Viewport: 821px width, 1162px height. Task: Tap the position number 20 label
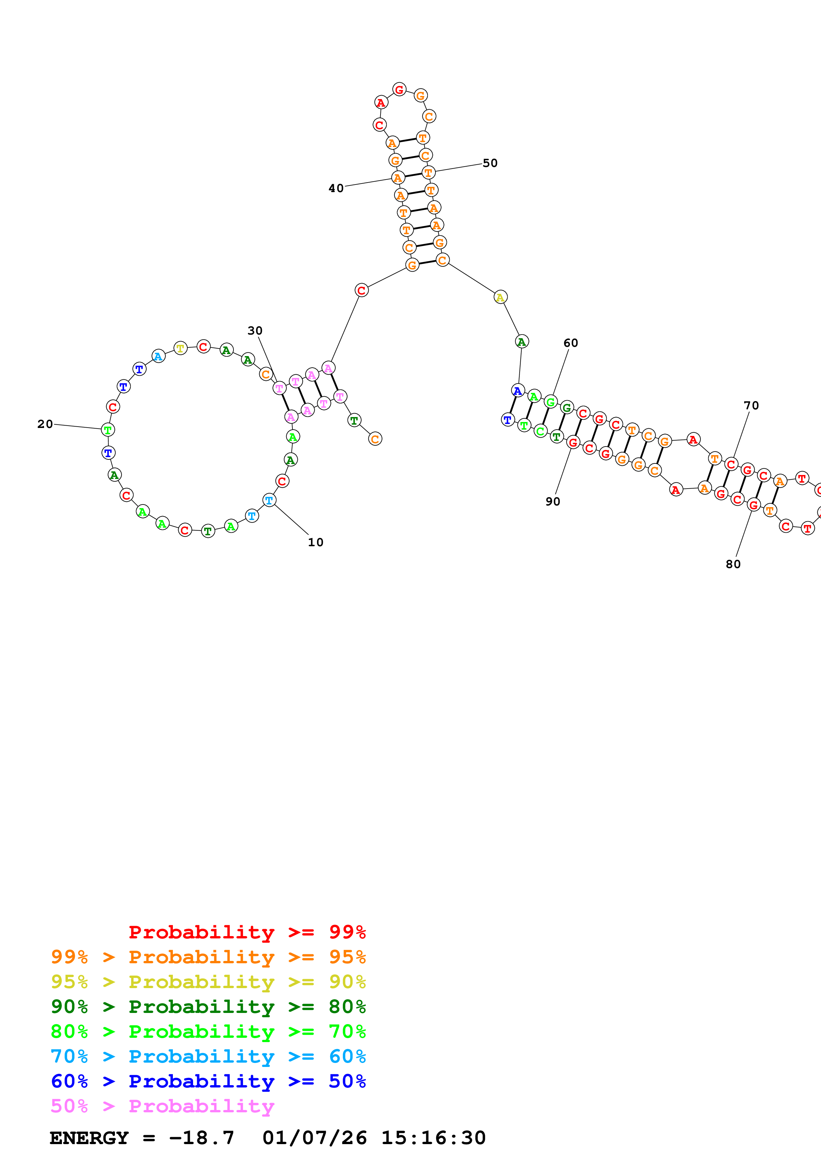[45, 424]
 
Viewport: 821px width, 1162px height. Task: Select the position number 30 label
[255, 331]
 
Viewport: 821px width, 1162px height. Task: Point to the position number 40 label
[336, 188]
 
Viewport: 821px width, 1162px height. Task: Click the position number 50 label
[490, 163]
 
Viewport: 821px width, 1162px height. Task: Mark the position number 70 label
[751, 405]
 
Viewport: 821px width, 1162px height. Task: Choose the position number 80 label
[733, 564]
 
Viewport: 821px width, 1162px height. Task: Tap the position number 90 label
[553, 502]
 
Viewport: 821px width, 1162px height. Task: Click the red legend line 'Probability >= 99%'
[247, 932]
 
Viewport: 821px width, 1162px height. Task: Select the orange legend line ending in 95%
[208, 957]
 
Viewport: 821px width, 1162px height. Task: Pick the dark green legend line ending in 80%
[208, 1007]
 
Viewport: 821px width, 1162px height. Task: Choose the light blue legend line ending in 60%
[208, 1056]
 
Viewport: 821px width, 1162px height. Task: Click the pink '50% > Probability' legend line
[162, 1106]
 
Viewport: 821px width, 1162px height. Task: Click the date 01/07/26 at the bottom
[314, 1138]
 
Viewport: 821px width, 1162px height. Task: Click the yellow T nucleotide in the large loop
[180, 348]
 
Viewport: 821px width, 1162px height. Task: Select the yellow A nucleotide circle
[500, 297]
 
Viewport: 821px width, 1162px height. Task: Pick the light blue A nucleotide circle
[158, 356]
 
